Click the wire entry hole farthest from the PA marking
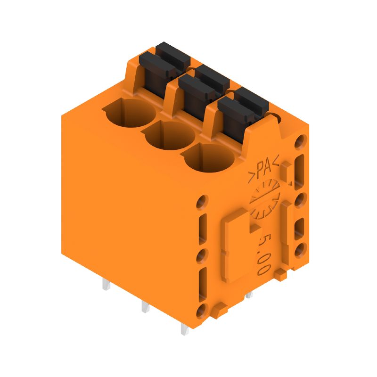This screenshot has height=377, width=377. point(128,113)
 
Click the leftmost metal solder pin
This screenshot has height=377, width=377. point(106,284)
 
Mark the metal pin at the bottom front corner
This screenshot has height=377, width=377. point(184,329)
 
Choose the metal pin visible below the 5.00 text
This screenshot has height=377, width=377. point(248,295)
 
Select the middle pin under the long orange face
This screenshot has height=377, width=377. point(145,307)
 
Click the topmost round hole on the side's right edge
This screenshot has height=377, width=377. point(300,141)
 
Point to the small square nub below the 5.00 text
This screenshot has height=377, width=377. point(279,273)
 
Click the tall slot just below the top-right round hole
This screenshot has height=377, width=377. point(299,170)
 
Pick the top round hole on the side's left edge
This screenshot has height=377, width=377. point(202,201)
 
